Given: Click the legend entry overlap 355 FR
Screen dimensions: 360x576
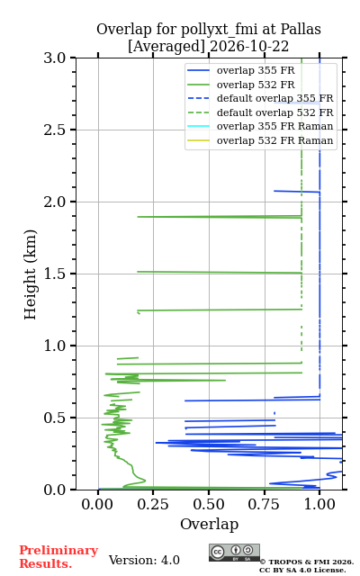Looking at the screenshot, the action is (x=256, y=70).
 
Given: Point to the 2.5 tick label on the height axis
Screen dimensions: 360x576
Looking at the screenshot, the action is (x=54, y=130).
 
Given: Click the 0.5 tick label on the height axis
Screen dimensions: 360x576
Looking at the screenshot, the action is (x=54, y=418).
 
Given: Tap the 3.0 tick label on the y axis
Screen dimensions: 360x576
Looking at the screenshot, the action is (x=54, y=58).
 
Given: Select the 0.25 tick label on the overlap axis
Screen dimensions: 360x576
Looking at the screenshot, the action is (x=153, y=504).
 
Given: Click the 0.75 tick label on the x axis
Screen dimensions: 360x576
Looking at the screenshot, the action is (x=264, y=504).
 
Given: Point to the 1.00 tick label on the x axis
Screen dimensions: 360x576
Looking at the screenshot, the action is (x=319, y=504).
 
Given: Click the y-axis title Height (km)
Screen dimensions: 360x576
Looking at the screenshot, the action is (x=31, y=274).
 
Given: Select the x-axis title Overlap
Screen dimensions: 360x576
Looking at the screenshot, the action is (x=209, y=524).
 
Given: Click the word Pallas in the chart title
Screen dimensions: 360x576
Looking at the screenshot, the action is (x=301, y=30).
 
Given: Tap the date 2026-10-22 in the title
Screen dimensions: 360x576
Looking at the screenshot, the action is (x=249, y=47).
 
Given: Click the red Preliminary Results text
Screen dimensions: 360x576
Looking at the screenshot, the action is (x=58, y=557).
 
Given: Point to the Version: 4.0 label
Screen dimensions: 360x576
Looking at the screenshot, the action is (x=144, y=560).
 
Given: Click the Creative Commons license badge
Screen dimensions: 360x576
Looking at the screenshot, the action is (x=234, y=553).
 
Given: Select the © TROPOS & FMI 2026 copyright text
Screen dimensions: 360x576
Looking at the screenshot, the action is (x=307, y=562).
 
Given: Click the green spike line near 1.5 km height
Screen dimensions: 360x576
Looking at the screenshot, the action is (x=220, y=272).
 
